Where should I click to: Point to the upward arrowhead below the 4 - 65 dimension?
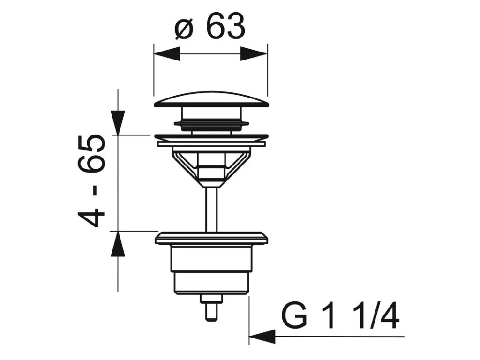(118, 244)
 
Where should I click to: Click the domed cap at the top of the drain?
(211, 99)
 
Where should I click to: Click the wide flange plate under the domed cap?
(211, 137)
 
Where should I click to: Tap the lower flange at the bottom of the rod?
(211, 238)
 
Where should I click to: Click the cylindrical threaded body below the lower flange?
(211, 270)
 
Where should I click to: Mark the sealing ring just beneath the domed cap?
(211, 124)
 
